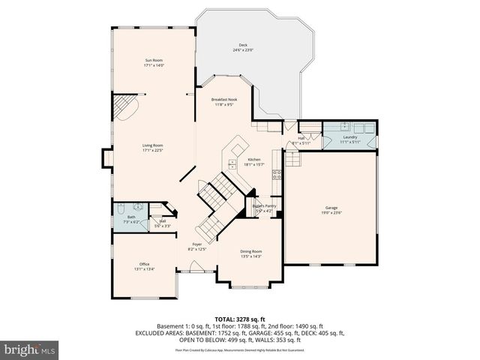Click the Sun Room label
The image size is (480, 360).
[x=153, y=61]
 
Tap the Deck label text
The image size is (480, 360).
[x=243, y=45]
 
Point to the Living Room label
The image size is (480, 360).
[x=153, y=145]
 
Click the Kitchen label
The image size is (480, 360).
[x=254, y=160]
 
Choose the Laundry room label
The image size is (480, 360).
[x=349, y=137]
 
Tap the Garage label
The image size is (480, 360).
[x=331, y=207]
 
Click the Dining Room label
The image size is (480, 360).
[x=250, y=251]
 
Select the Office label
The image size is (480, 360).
[x=144, y=264]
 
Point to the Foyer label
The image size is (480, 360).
[x=197, y=244]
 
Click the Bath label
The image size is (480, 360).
[x=131, y=217]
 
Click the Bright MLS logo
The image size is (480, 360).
[x=30, y=349]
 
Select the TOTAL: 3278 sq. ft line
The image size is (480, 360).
[x=239, y=318]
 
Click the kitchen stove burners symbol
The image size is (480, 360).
[x=277, y=178]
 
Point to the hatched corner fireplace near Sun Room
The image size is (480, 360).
[x=124, y=106]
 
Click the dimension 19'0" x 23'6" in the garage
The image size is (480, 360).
[x=331, y=212]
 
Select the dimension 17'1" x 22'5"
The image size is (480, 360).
[x=153, y=151]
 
